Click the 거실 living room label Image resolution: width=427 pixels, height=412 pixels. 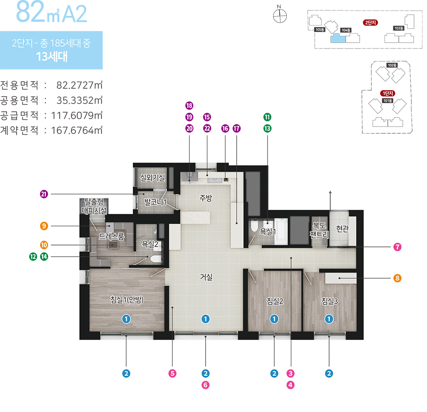click(206, 277)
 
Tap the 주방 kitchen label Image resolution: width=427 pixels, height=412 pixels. click(206, 198)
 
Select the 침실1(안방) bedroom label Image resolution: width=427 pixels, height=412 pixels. click(127, 300)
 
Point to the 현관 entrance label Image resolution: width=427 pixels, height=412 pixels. click(342, 228)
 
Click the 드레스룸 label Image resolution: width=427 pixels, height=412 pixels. click(111, 236)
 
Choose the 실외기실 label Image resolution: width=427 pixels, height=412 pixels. click(152, 178)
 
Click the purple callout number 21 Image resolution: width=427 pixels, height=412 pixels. click(44, 194)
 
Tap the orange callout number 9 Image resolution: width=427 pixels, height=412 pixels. click(44, 226)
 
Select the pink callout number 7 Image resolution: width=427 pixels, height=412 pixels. click(397, 247)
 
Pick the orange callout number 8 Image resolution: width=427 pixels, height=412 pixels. click(397, 278)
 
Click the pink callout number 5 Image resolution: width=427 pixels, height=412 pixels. click(172, 373)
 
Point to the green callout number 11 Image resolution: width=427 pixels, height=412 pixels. click(267, 117)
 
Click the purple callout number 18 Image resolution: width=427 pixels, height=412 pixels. click(189, 105)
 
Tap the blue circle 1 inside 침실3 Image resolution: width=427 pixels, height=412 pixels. click(329, 319)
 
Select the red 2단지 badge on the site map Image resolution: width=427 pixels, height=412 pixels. click(370, 22)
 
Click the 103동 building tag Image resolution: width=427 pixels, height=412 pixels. click(399, 28)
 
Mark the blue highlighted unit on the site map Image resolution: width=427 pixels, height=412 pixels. click(338, 38)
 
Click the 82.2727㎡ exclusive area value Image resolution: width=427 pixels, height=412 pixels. click(79, 85)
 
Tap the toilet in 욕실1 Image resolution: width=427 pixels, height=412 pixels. click(254, 226)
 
